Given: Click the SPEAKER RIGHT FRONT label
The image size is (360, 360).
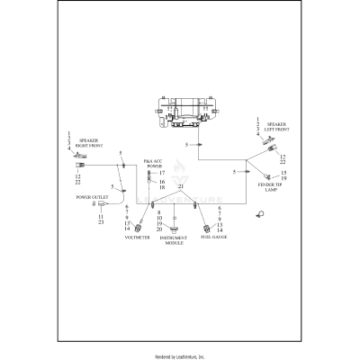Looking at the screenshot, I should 89,143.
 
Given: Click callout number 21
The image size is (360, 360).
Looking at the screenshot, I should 180,186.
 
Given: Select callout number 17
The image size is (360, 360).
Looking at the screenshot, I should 162,172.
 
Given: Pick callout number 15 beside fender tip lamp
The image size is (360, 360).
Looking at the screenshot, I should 283,172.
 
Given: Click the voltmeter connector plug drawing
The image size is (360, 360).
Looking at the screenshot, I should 139,218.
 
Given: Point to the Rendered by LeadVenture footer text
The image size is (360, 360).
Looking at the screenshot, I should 180,356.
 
